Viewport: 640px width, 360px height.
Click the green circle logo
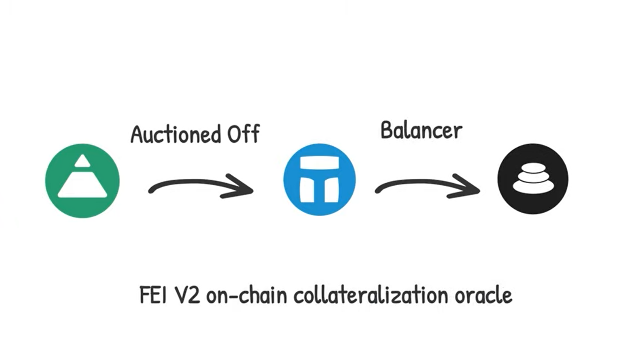point(82,181)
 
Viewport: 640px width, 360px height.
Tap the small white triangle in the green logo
point(83,161)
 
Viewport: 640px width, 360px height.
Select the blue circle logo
point(319,179)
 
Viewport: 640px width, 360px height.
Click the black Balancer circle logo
point(533,178)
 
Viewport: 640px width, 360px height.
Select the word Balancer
point(421,131)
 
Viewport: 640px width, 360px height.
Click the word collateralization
point(369,296)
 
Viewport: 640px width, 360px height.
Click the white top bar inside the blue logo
point(319,164)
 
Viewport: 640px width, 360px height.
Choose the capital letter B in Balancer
point(387,131)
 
